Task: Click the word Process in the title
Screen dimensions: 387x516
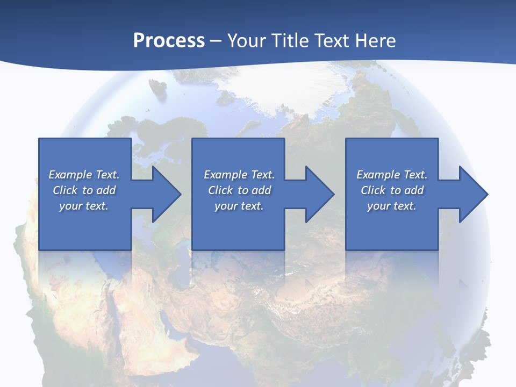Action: pos(169,40)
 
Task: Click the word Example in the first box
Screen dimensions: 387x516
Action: pos(70,175)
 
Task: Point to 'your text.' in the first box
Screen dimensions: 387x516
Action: pos(84,206)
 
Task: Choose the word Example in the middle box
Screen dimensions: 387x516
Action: pos(225,175)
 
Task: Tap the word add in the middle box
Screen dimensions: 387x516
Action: pos(262,190)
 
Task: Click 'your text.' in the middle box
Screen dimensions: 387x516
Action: pos(239,206)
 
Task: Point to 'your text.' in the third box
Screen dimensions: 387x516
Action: pos(392,206)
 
